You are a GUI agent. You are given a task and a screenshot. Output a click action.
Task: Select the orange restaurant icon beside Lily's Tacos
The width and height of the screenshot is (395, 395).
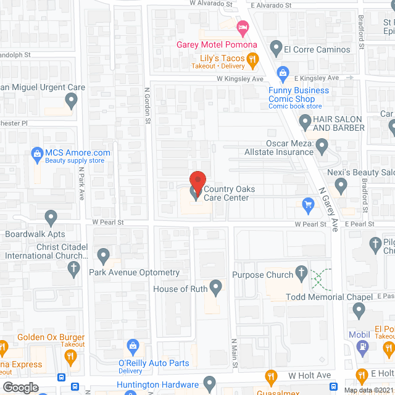252,60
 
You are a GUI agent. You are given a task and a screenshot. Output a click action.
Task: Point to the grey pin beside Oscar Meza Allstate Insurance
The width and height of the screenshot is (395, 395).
322,147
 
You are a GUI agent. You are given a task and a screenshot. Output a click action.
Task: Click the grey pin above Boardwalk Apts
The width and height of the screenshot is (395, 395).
51,217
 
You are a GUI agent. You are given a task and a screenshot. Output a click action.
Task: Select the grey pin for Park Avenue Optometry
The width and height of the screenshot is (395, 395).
103,255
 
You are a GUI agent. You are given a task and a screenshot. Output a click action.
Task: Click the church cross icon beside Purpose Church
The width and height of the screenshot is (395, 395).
301,272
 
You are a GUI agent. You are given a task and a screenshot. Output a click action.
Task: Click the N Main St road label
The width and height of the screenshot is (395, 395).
235,354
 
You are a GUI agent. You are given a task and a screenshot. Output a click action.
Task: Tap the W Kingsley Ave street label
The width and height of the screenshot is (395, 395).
240,79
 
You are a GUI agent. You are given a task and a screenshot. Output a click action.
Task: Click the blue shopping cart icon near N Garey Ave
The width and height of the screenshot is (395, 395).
308,204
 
